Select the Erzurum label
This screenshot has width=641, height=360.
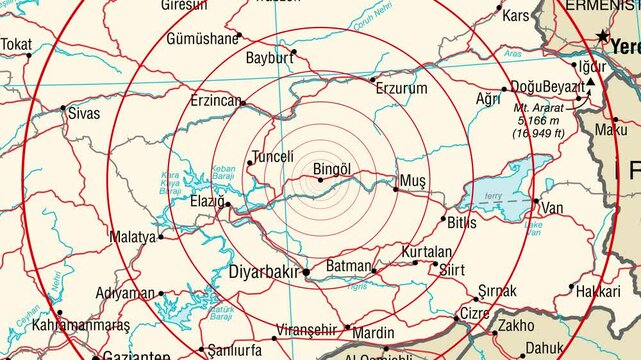(x=401, y=89)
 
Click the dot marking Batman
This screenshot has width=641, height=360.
(x=374, y=271)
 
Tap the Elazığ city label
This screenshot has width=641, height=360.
(x=208, y=200)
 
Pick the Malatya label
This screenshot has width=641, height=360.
(x=133, y=237)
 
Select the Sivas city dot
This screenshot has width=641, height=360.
(x=63, y=108)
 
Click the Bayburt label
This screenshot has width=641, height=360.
(x=269, y=58)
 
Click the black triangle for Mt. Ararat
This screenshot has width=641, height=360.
(x=591, y=82)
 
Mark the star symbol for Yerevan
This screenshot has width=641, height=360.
(x=602, y=37)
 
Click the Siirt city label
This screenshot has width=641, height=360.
(x=453, y=269)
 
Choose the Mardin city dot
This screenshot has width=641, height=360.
(x=347, y=327)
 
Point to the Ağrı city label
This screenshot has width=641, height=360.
(x=487, y=99)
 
